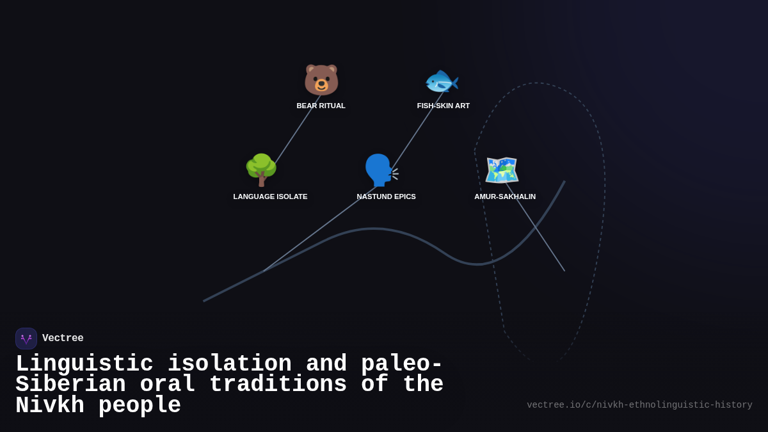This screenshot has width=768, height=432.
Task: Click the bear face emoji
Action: pos(321,81)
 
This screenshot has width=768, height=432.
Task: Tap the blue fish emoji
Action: pos(442,81)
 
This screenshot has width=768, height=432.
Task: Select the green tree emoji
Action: pos(261,170)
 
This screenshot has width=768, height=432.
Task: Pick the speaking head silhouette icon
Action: pos(381,170)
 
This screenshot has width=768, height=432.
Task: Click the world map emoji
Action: pos(502,170)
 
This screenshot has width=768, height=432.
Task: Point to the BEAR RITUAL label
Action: pos(321,106)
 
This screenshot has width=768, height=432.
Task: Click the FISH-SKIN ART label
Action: pos(444,106)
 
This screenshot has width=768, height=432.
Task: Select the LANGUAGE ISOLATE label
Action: pos(270,196)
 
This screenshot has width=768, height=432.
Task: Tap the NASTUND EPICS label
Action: pos(386,196)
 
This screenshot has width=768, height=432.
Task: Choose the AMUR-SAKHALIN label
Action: pos(505,196)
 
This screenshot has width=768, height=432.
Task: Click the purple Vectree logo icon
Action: pos(26,339)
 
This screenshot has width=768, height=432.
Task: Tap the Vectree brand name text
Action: pos(63,339)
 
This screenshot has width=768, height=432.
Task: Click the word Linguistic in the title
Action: pos(84,364)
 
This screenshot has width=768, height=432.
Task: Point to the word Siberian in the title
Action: pos(70,385)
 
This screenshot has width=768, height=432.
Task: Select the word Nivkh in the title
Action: pos(50,406)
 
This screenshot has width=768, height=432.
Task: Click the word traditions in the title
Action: pos(278,385)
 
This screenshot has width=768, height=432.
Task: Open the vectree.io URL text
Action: pos(639,405)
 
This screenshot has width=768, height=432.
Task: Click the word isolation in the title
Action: pos(230,364)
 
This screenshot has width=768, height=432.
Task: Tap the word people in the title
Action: pos(140,406)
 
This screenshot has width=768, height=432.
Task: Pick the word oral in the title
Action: pos(167,385)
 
